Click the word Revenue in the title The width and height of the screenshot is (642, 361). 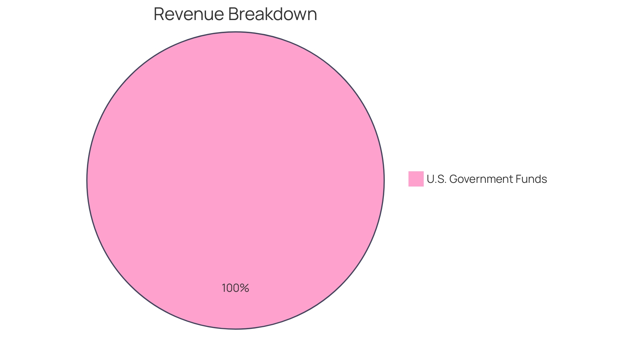point(189,14)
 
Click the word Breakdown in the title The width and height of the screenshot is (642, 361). point(273,14)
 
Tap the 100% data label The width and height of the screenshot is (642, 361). point(235,288)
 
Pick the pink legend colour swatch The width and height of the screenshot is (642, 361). point(416,179)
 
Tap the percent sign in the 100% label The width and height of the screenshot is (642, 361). point(244,288)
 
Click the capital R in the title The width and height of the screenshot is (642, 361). point(159,14)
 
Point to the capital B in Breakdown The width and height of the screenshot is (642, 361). point(233,14)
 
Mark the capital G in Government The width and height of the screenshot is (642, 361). point(454,179)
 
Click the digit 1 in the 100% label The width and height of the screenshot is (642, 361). point(224,288)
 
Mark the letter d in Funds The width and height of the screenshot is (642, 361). point(538,179)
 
